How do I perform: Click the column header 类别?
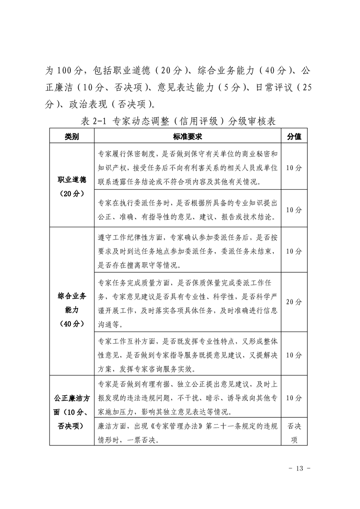point(71,137)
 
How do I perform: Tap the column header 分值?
point(294,137)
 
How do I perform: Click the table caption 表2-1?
point(94,122)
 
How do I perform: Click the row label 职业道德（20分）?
point(71,186)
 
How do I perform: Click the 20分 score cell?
point(294,302)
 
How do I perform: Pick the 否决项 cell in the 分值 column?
point(294,433)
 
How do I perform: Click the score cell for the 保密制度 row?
point(294,167)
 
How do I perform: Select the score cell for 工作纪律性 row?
point(294,251)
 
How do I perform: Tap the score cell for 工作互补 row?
point(294,355)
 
